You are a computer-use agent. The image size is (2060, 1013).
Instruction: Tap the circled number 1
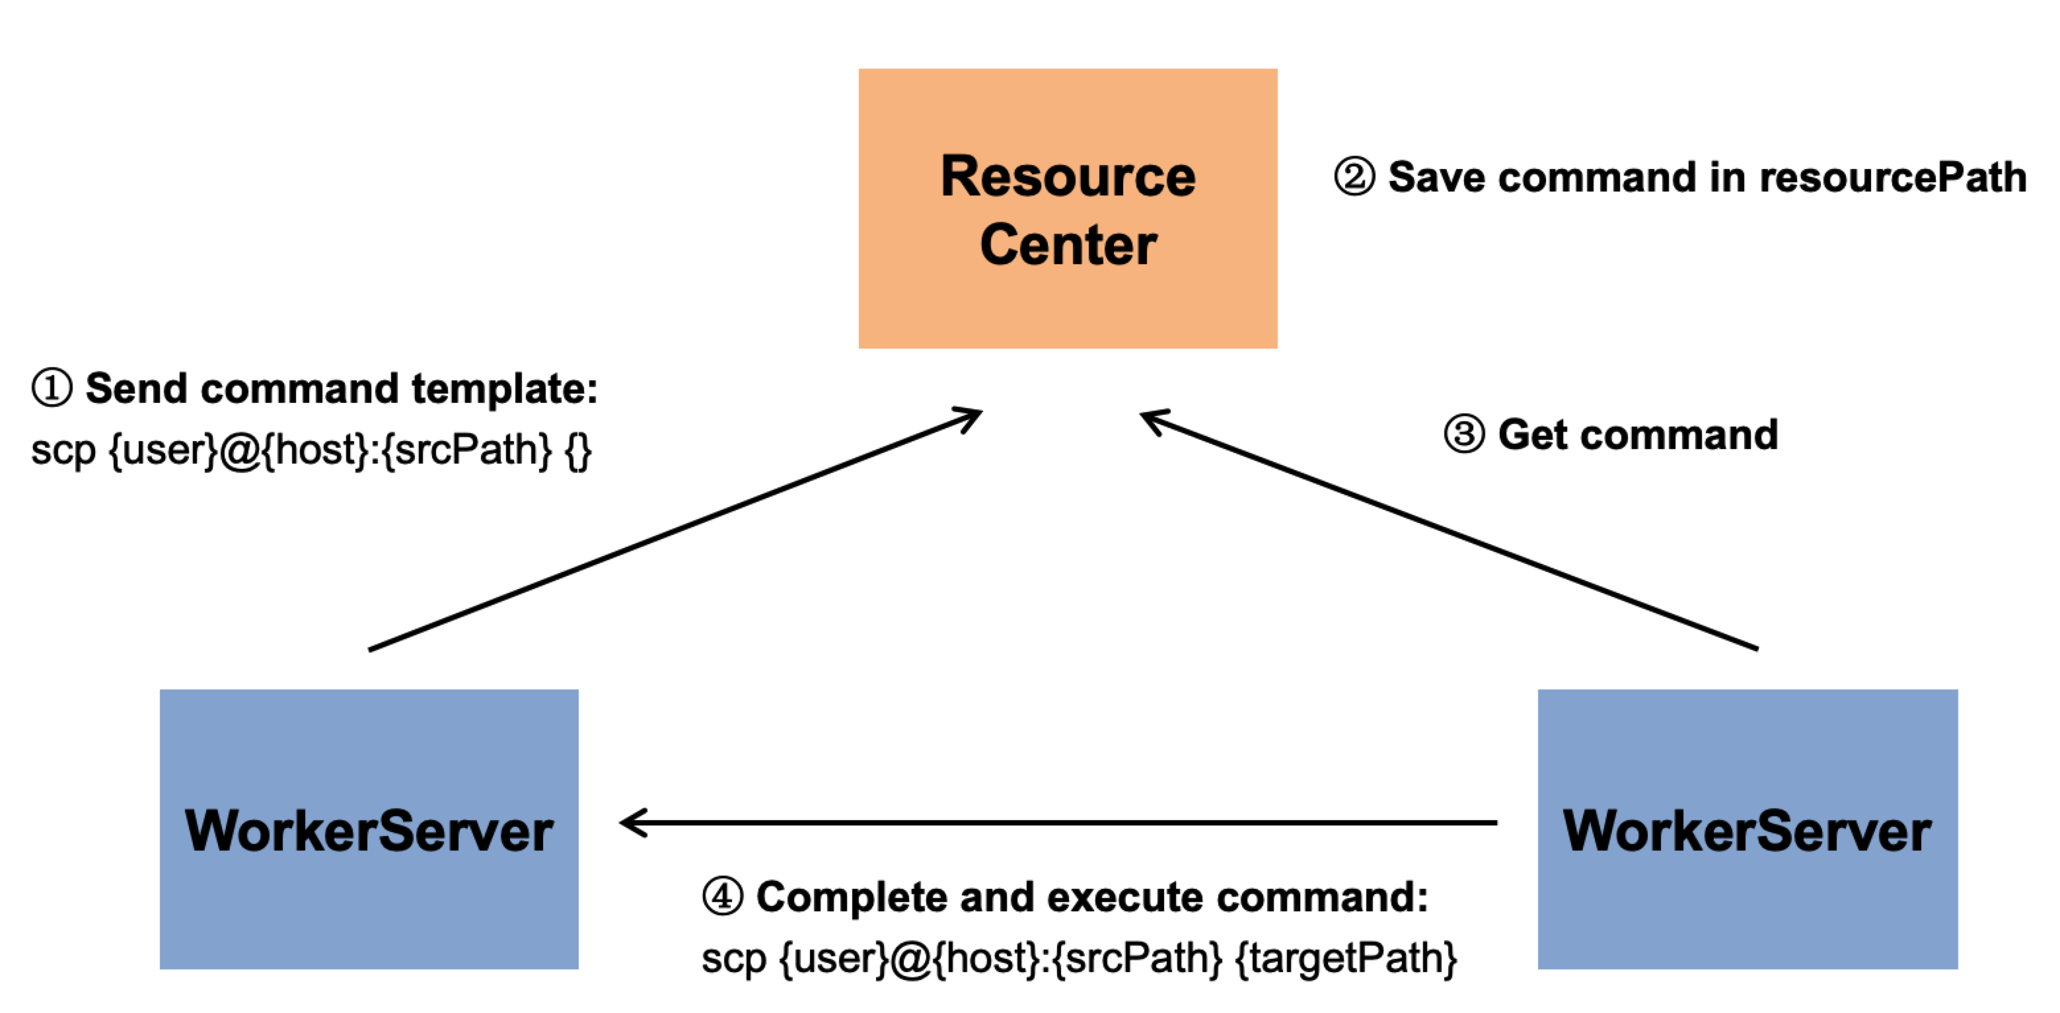point(52,388)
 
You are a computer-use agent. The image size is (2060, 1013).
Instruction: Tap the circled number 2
point(1354,177)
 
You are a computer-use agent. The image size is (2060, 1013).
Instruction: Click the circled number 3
point(1463,435)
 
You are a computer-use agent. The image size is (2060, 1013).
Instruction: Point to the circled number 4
point(722,896)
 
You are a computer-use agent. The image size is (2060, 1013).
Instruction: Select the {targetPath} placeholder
point(1346,958)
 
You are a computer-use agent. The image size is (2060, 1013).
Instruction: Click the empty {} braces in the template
point(577,450)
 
